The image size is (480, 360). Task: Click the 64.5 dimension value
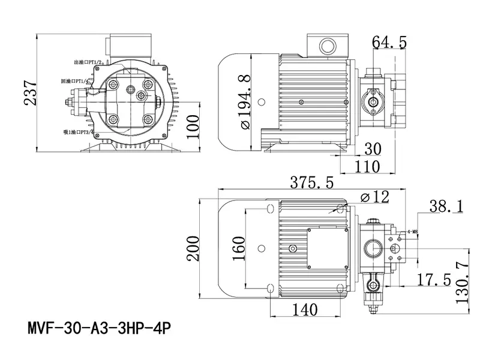(389, 42)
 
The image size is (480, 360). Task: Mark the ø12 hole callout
(375, 196)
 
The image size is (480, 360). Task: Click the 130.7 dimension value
(461, 282)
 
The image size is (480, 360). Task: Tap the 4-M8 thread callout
(413, 232)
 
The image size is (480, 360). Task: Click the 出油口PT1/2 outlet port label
(83, 62)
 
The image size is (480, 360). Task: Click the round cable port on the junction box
(327, 45)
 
